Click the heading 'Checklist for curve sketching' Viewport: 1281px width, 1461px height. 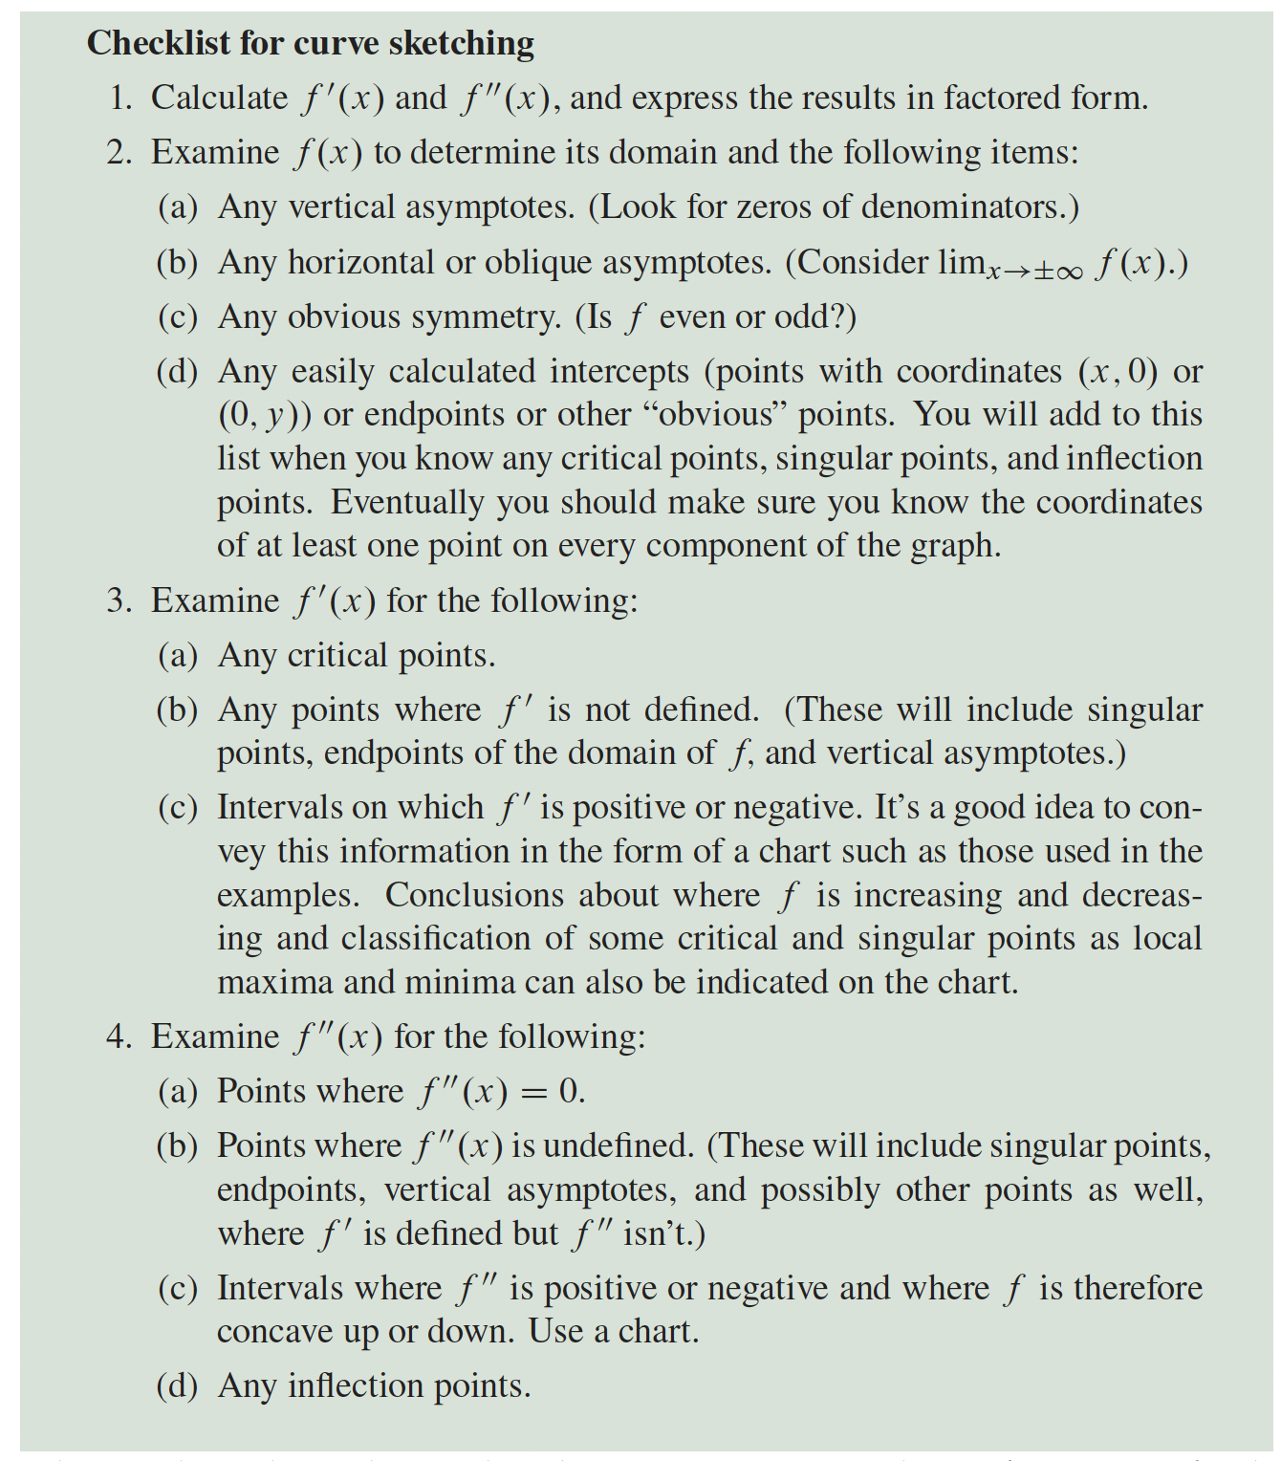311,43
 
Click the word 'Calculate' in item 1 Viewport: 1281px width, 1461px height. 219,98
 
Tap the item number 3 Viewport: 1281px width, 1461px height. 119,600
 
